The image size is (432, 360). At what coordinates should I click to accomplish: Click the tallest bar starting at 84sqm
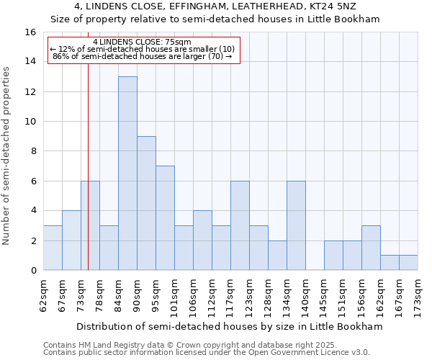127,173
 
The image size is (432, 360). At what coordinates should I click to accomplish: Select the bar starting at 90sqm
146,203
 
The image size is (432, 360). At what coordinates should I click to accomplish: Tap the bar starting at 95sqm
165,218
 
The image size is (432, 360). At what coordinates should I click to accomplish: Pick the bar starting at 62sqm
53,248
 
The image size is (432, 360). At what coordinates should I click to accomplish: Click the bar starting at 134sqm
296,225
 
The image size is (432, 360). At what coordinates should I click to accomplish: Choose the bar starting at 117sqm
240,225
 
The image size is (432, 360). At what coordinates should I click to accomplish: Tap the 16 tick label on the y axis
30,32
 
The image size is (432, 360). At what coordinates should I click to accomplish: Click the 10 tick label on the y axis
30,121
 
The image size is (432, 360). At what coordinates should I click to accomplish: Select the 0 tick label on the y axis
33,271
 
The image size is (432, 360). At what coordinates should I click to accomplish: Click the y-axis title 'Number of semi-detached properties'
7,156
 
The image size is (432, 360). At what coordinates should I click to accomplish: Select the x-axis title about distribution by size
230,326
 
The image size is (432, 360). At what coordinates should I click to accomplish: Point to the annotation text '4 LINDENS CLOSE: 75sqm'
142,42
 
